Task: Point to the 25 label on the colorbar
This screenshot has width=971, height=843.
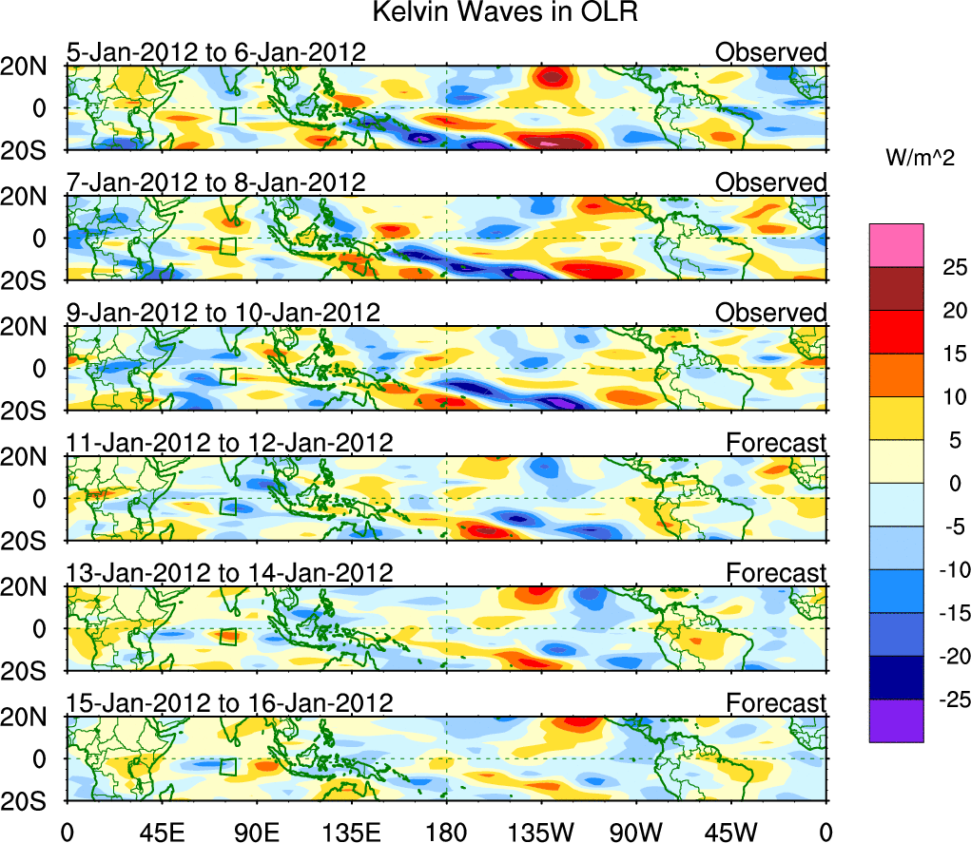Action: pyautogui.click(x=947, y=267)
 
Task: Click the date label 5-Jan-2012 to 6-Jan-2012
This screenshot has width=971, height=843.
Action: pyautogui.click(x=216, y=52)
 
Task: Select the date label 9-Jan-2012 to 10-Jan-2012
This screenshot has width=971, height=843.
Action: pyautogui.click(x=223, y=313)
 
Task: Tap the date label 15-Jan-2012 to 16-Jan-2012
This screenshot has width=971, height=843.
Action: pyautogui.click(x=229, y=703)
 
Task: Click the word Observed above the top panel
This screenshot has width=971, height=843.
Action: pyautogui.click(x=770, y=52)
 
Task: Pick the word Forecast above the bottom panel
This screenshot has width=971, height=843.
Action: pyautogui.click(x=776, y=703)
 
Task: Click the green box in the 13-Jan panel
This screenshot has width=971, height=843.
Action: pyautogui.click(x=227, y=635)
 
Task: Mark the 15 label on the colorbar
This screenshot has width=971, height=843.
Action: pyautogui.click(x=947, y=354)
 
